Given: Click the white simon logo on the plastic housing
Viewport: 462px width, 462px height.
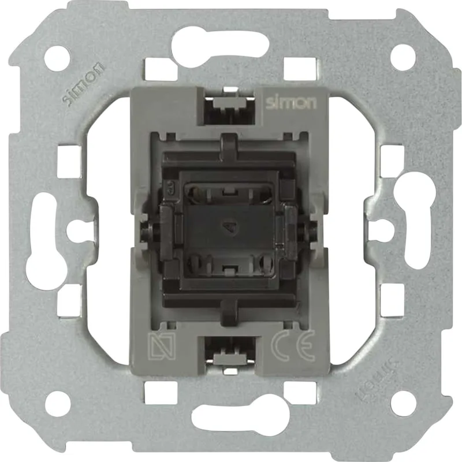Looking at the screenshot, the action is click(x=291, y=103).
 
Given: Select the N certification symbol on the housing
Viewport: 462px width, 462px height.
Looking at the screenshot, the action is click(x=162, y=346).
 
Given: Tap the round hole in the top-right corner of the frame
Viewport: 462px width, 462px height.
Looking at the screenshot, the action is click(x=403, y=57).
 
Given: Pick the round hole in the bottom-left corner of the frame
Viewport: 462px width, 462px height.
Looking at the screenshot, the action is click(x=58, y=403).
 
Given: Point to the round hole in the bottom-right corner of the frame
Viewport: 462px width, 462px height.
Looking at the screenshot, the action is click(x=403, y=403).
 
